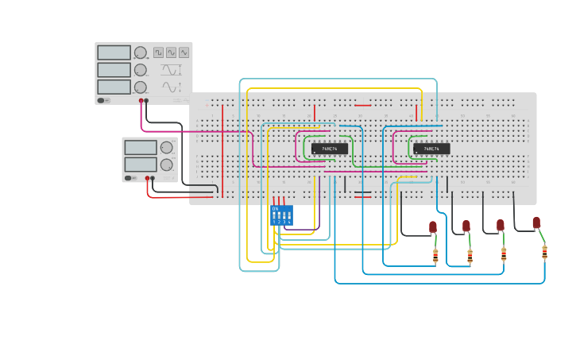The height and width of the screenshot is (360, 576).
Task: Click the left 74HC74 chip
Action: click(x=330, y=149)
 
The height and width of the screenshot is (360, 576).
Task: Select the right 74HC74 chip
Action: click(x=431, y=149)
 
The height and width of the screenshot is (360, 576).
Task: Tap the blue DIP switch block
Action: click(x=281, y=215)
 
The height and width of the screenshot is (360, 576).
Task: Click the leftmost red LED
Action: click(x=433, y=226)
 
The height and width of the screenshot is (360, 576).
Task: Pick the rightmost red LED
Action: click(x=536, y=223)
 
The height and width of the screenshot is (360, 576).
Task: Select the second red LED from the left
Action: click(x=466, y=226)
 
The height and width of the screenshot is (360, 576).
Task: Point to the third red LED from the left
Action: click(x=501, y=225)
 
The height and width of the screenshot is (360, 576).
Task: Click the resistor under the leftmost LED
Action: click(x=435, y=256)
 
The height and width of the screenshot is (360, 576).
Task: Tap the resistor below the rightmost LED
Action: click(x=544, y=252)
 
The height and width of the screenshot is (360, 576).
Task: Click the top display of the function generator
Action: click(x=114, y=52)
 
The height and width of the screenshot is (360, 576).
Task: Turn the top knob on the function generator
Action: click(x=141, y=52)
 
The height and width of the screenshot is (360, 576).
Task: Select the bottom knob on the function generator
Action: click(x=141, y=87)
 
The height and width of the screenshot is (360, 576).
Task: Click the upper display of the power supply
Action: click(x=141, y=147)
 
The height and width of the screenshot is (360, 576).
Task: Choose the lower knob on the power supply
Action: click(x=167, y=165)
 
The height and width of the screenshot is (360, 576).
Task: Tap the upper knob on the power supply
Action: click(x=167, y=147)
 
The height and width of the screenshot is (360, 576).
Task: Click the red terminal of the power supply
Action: click(x=147, y=178)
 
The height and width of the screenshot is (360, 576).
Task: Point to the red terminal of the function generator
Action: click(x=141, y=101)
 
